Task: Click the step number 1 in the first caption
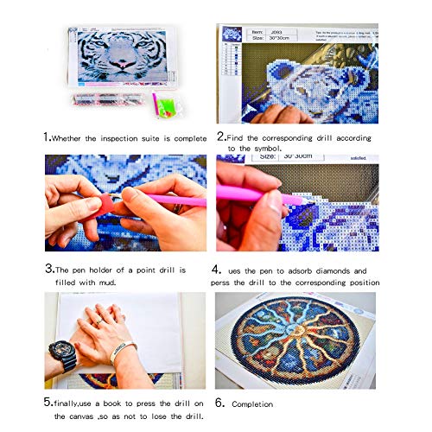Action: click(x=47, y=137)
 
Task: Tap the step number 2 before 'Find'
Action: click(x=221, y=137)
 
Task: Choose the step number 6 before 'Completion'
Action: click(x=222, y=403)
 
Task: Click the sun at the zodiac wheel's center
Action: click(x=294, y=337)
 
